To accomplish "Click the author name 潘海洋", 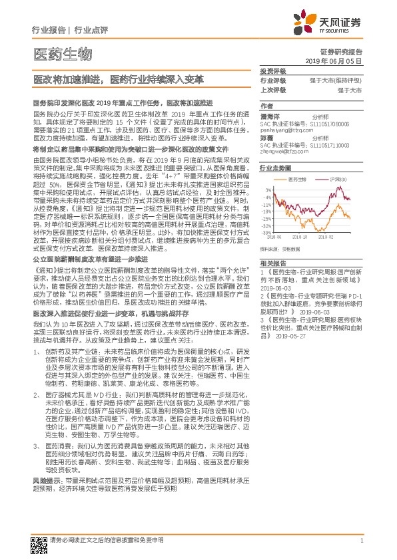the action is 270,115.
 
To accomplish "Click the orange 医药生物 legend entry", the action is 298,180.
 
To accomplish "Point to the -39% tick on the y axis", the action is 266,233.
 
